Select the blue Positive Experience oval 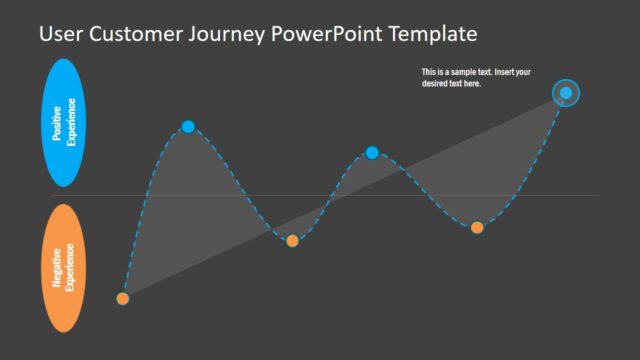[64, 123]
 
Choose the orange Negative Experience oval [64, 268]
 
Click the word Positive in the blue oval [57, 124]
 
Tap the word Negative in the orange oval [57, 268]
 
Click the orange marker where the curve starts [123, 298]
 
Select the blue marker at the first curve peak [188, 126]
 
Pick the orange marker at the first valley [292, 240]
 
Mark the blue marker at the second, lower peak [372, 152]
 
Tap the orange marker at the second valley [477, 227]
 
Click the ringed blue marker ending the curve [566, 93]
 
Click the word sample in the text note [456, 72]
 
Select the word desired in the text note [436, 84]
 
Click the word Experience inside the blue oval [71, 124]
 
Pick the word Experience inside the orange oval [71, 268]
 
